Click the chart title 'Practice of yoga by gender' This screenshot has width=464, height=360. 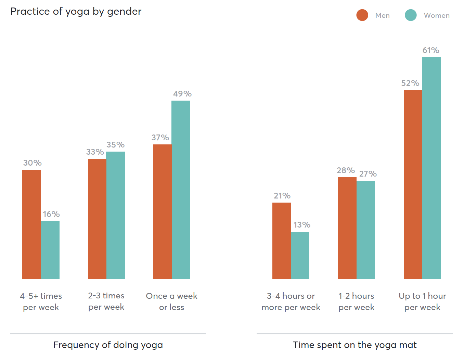[76, 11]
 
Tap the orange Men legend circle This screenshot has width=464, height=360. [362, 15]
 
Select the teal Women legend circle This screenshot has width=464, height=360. [411, 15]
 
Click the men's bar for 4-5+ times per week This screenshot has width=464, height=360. [31, 224]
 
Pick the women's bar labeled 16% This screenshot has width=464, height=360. [50, 250]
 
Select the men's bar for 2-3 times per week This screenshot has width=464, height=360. [97, 219]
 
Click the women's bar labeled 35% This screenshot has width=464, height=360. [116, 215]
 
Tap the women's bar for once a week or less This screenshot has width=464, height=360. [181, 190]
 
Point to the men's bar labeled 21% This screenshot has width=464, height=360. [282, 241]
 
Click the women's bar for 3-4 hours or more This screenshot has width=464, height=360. [300, 255]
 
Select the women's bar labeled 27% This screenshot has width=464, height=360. [366, 230]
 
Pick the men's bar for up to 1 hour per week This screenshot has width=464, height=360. [413, 184]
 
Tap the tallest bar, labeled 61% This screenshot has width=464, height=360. [431, 168]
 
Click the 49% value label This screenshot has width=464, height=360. [182, 94]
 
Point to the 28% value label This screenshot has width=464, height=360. [346, 170]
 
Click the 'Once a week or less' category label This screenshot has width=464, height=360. [171, 301]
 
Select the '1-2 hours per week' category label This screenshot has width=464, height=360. [356, 301]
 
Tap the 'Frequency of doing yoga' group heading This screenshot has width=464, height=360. [108, 345]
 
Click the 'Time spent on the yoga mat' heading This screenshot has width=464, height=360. [355, 345]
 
